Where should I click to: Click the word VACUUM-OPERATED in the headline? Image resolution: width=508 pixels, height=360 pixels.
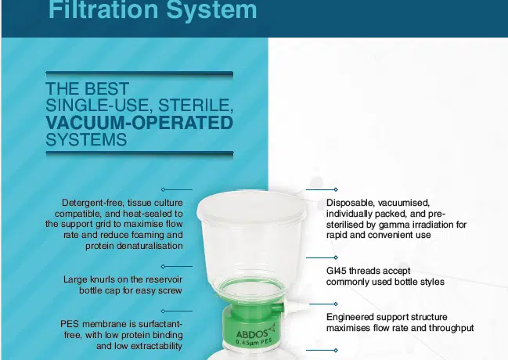click(x=139, y=123)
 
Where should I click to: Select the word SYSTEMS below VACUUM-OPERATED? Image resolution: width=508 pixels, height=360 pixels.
click(x=86, y=139)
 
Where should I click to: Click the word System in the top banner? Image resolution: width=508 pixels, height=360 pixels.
click(x=211, y=9)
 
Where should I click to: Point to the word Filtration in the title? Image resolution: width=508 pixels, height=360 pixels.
click(x=104, y=9)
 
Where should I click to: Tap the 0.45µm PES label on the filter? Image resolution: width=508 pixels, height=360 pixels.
click(x=254, y=341)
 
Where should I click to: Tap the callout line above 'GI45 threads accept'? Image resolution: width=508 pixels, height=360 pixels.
click(x=322, y=257)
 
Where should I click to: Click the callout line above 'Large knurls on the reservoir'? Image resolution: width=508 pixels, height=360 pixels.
click(x=177, y=266)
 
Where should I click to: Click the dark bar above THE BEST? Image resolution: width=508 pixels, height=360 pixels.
click(x=139, y=74)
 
